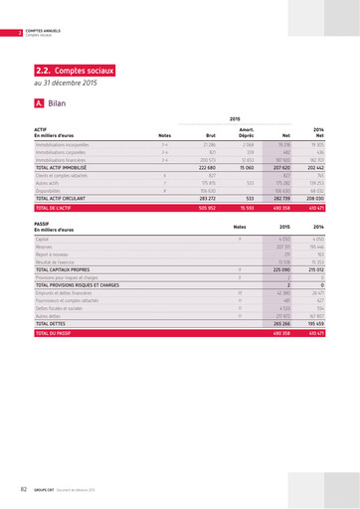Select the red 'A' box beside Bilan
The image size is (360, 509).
click(39, 102)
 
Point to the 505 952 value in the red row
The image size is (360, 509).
click(206, 209)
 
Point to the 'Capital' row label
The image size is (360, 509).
click(43, 240)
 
